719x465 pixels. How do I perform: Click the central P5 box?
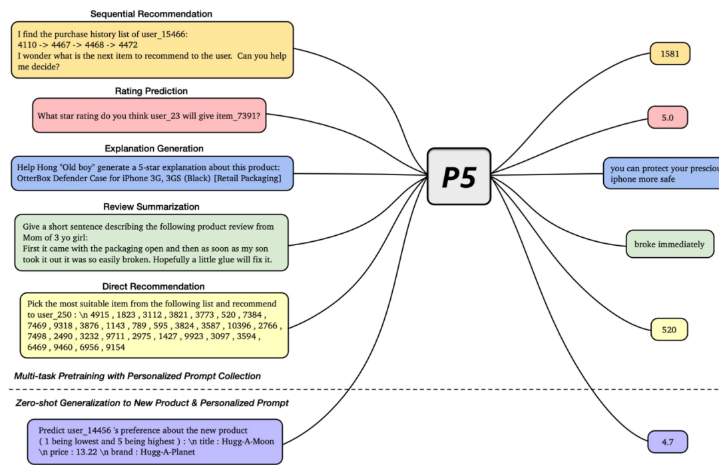click(459, 177)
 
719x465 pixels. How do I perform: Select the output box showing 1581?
click(670, 54)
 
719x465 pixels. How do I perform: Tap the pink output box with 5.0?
click(667, 117)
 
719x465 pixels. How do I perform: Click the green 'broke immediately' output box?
click(669, 244)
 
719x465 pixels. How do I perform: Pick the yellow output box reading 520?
click(669, 329)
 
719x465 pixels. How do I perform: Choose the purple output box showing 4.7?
click(667, 442)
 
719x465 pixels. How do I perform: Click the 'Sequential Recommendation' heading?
click(151, 13)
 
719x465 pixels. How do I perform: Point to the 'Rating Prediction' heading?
click(152, 91)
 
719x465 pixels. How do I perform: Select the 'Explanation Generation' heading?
click(154, 148)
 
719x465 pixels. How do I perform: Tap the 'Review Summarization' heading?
click(151, 207)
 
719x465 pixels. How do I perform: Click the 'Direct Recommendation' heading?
click(153, 286)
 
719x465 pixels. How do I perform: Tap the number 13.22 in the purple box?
click(83, 451)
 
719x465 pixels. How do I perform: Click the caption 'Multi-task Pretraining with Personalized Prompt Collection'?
click(137, 376)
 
